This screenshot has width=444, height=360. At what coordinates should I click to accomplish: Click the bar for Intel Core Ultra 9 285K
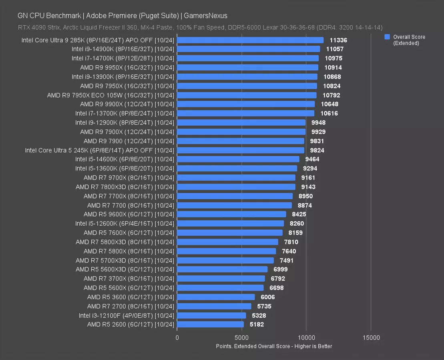(x=250, y=40)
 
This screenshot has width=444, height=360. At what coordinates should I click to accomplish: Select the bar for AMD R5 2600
(x=210, y=324)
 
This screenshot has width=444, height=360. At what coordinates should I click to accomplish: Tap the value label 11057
(x=335, y=49)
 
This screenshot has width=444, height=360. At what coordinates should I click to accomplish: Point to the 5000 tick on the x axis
(x=241, y=338)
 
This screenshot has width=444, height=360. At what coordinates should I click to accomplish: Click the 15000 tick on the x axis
(x=371, y=338)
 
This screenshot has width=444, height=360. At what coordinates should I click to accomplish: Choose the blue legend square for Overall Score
(x=387, y=37)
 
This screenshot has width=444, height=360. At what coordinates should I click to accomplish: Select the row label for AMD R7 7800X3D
(x=125, y=187)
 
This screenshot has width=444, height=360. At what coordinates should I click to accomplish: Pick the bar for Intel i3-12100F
(x=211, y=315)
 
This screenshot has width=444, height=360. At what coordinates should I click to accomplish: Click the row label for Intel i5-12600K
(x=125, y=224)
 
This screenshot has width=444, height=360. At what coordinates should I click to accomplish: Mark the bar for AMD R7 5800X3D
(x=227, y=242)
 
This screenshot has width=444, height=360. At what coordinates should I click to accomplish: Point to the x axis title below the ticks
(x=274, y=346)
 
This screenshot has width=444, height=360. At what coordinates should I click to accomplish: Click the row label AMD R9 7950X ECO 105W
(x=110, y=95)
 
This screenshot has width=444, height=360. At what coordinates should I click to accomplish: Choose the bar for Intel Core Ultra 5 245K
(x=241, y=150)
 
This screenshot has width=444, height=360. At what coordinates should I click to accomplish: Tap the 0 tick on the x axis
(x=177, y=338)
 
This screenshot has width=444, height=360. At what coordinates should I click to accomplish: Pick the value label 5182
(x=257, y=324)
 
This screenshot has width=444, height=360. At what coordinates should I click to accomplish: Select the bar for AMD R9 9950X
(x=247, y=68)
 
